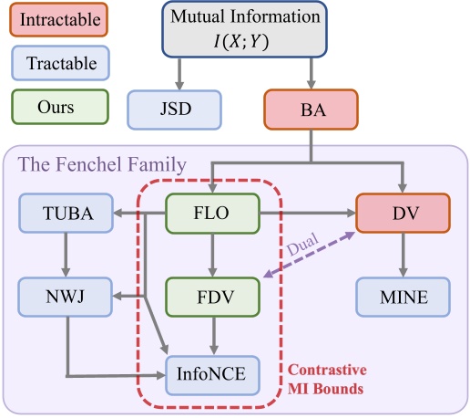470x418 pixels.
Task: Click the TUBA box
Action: pyautogui.click(x=66, y=213)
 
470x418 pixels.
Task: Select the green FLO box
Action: pyautogui.click(x=211, y=213)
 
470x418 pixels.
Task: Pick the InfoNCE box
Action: pyautogui.click(x=211, y=373)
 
